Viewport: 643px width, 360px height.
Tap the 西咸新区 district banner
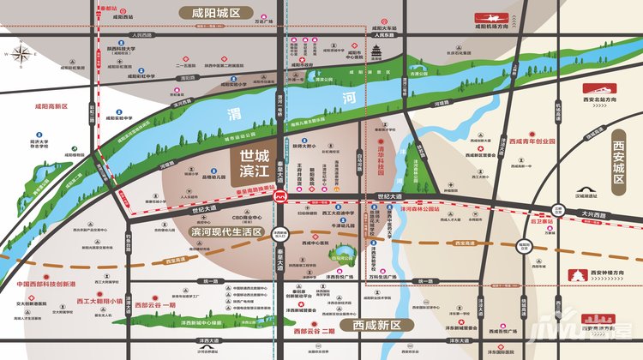pos(377,326)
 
